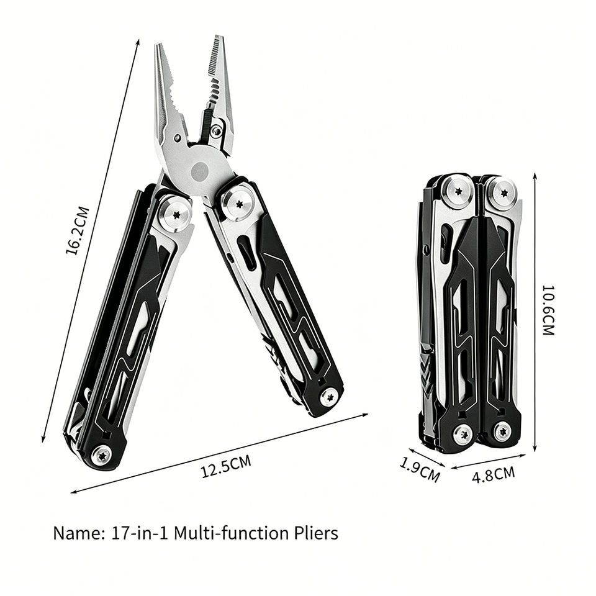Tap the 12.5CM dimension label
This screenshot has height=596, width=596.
pos(226,466)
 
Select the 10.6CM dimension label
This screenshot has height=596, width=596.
pos(548,310)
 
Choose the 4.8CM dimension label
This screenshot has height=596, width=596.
pos(494,474)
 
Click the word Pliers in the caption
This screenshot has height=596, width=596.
pos(316,533)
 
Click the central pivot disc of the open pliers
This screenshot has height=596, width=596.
pos(199,171)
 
